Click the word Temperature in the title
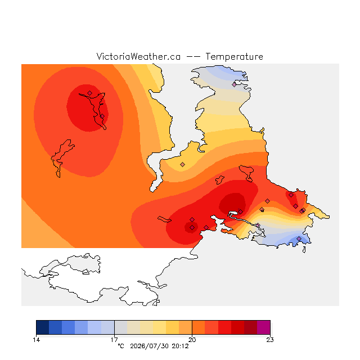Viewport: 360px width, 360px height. [234, 57]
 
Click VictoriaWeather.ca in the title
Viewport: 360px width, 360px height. [138, 57]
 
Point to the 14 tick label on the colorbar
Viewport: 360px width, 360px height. [36, 340]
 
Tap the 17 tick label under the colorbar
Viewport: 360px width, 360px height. [114, 340]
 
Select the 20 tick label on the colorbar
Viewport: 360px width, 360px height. [192, 340]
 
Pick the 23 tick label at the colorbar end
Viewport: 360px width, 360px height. [270, 340]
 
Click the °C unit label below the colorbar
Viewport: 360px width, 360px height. [121, 346]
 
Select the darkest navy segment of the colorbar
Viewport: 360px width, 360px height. [43, 327]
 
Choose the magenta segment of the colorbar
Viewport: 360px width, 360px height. [264, 327]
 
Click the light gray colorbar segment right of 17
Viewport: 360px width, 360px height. [121, 327]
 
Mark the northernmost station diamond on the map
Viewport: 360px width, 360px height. [234, 84]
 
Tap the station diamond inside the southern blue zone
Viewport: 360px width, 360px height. [299, 238]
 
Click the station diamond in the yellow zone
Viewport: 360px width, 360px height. [182, 164]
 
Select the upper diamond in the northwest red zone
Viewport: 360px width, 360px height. [90, 93]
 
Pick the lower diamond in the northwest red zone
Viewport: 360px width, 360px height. [102, 116]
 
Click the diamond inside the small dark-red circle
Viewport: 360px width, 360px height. [192, 227]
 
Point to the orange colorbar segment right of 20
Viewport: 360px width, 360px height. [199, 327]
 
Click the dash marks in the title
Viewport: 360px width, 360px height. [193, 57]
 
